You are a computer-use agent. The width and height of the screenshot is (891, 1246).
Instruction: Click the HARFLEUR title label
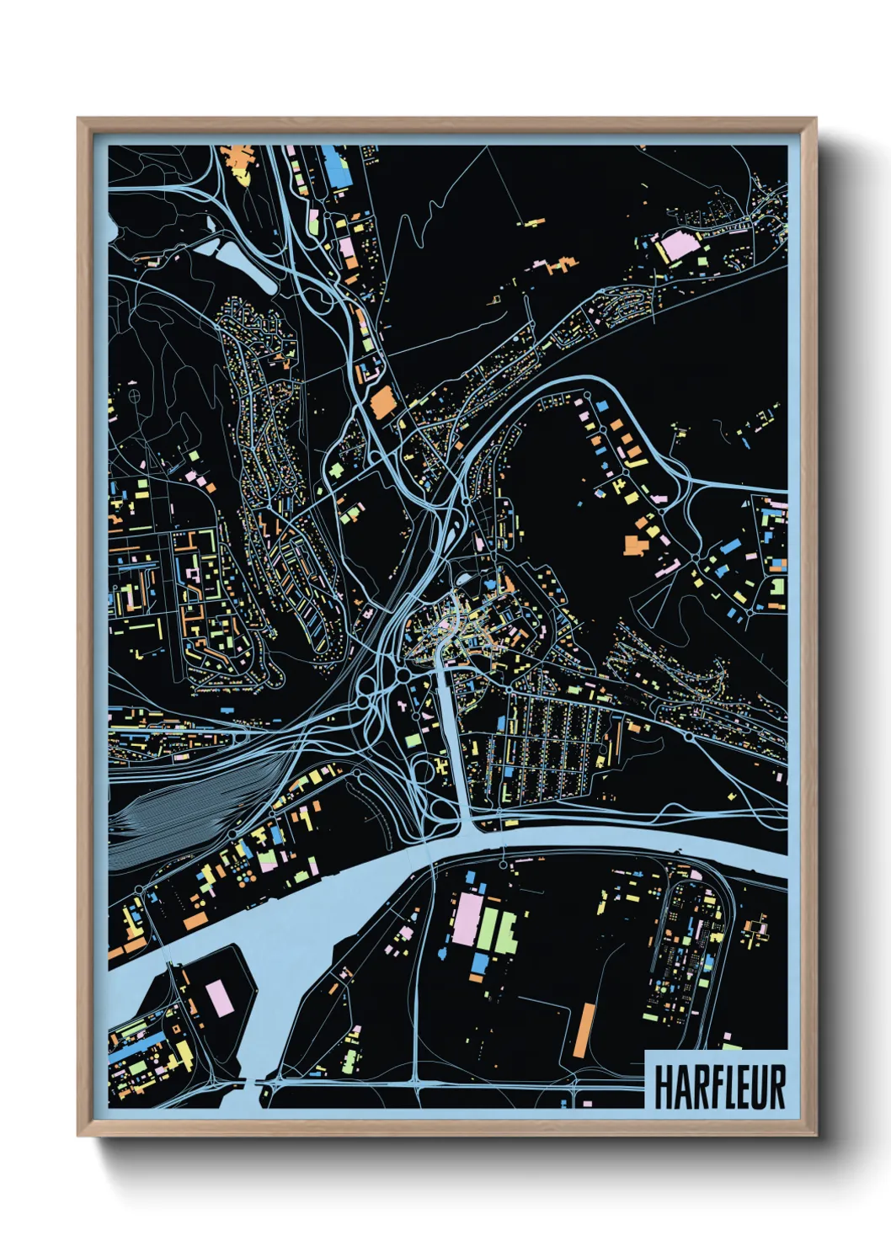pyautogui.click(x=718, y=1087)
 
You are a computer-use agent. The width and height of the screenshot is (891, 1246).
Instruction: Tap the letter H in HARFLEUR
pyautogui.click(x=662, y=1088)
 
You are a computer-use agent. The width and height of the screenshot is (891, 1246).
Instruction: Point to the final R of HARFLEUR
pyautogui.click(x=776, y=1088)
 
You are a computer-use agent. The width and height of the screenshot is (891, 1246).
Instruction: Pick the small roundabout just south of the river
pyautogui.click(x=503, y=864)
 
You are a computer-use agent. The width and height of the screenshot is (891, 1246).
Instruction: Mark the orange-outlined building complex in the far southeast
pyautogui.click(x=755, y=930)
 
